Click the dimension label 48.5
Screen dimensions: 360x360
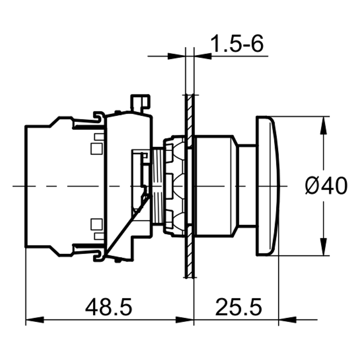point(108,306)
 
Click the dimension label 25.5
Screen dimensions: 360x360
point(238,306)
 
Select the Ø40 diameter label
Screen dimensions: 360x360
point(326,185)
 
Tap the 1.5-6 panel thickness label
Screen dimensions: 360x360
point(237,43)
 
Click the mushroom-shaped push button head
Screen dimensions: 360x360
point(268,185)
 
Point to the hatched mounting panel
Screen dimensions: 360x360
point(189,185)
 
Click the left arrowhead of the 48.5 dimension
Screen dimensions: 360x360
point(34,319)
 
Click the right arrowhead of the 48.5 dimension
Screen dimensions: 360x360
point(184,319)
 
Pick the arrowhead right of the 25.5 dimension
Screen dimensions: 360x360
point(287,319)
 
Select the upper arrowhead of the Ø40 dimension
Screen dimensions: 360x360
point(323,125)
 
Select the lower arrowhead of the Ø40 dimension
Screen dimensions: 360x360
point(323,246)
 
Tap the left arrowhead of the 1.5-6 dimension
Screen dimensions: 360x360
point(176,56)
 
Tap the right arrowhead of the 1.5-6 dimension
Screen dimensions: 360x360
point(202,56)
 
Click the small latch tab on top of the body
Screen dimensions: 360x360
point(140,102)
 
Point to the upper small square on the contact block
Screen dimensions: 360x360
point(96,149)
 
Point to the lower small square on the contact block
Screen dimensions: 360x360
point(96,224)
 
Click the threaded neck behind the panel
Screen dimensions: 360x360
point(157,185)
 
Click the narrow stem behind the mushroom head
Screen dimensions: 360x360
point(247,185)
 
